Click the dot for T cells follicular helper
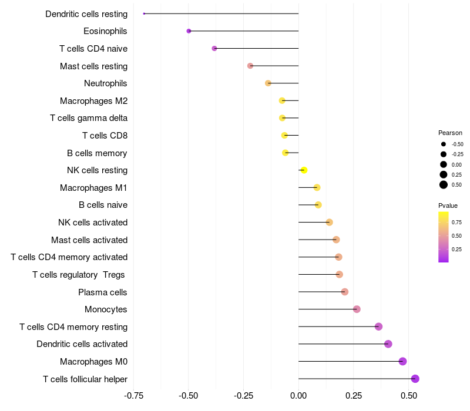[x=415, y=379]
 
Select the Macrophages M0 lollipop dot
[x=402, y=361]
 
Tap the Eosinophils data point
[x=189, y=31]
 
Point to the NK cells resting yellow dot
[x=304, y=170]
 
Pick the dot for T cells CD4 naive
[x=214, y=48]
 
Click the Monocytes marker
[x=357, y=309]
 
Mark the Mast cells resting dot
[x=250, y=66]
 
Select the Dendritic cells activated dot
[x=388, y=344]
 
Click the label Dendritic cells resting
[x=86, y=14]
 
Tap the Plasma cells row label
[x=103, y=292]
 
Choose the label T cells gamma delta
[x=89, y=118]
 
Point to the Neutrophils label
[x=106, y=83]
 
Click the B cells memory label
[x=97, y=153]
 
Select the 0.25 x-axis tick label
[x=354, y=396]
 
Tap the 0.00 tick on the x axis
[x=298, y=396]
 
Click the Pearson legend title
[x=450, y=133]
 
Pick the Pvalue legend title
[x=448, y=206]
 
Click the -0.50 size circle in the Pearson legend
[x=444, y=144]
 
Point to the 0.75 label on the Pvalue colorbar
[x=456, y=223]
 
